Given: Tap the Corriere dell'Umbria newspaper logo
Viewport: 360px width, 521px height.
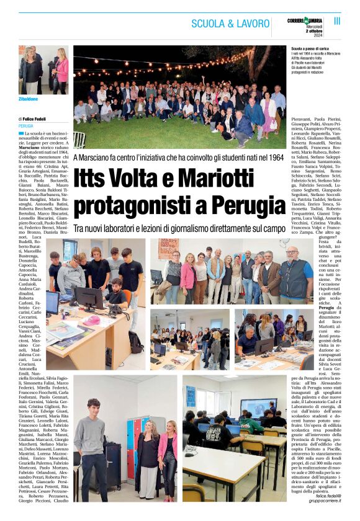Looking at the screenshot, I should [x=305, y=20].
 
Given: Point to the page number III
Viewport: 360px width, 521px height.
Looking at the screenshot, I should [x=337, y=20].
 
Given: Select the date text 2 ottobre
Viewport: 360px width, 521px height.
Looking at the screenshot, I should [x=314, y=30].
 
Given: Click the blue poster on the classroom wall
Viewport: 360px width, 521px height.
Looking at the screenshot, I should [x=191, y=396].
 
